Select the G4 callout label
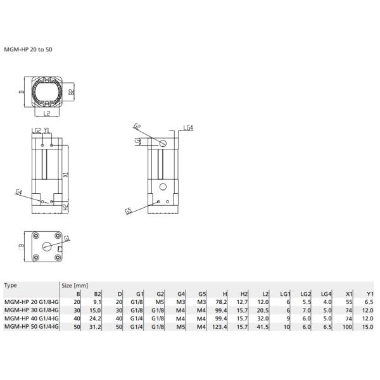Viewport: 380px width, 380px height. [19, 191]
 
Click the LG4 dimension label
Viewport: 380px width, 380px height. [188, 127]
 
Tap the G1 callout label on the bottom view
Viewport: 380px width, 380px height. [67, 238]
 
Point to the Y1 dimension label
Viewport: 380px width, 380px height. [47, 130]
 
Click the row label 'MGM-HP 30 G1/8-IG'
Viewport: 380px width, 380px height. [31, 311]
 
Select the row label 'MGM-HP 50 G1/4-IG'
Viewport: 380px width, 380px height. [31, 326]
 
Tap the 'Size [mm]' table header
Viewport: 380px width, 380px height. [74, 286]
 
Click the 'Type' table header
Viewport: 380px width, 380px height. [11, 286]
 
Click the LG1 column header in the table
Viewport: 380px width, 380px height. [284, 294]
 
